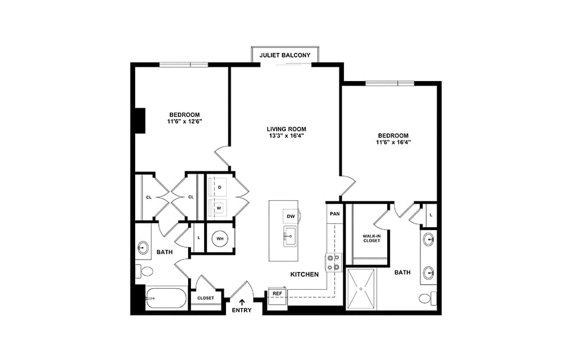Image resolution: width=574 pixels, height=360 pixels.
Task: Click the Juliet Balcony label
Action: (x=285, y=55)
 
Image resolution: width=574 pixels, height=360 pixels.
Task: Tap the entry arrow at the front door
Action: (x=242, y=302)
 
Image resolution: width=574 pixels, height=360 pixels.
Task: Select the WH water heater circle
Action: (x=220, y=239)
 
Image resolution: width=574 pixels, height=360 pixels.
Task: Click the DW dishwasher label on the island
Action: (x=290, y=216)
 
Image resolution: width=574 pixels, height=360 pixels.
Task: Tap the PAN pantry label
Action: (x=335, y=214)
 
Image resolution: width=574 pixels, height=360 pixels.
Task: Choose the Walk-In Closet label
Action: (x=372, y=239)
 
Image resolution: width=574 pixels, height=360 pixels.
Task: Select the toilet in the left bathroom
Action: (x=144, y=271)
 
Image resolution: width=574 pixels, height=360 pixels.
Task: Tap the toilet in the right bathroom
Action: (x=428, y=298)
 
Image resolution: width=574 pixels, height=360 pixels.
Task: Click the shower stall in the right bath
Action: (x=361, y=289)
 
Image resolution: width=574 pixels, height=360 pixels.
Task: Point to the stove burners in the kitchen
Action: (x=334, y=262)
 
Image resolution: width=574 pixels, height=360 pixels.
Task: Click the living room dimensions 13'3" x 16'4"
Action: (x=286, y=136)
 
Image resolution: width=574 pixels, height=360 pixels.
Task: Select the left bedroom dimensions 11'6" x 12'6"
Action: (x=185, y=121)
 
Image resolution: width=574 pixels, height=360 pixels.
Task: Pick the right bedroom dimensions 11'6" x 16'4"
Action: (x=393, y=142)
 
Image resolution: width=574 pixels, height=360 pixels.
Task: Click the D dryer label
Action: (x=220, y=187)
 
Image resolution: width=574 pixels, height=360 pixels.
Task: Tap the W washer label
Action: (x=219, y=208)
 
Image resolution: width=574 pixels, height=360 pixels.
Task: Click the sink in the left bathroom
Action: (x=143, y=247)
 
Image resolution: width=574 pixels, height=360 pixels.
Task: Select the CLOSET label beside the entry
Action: (x=205, y=298)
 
